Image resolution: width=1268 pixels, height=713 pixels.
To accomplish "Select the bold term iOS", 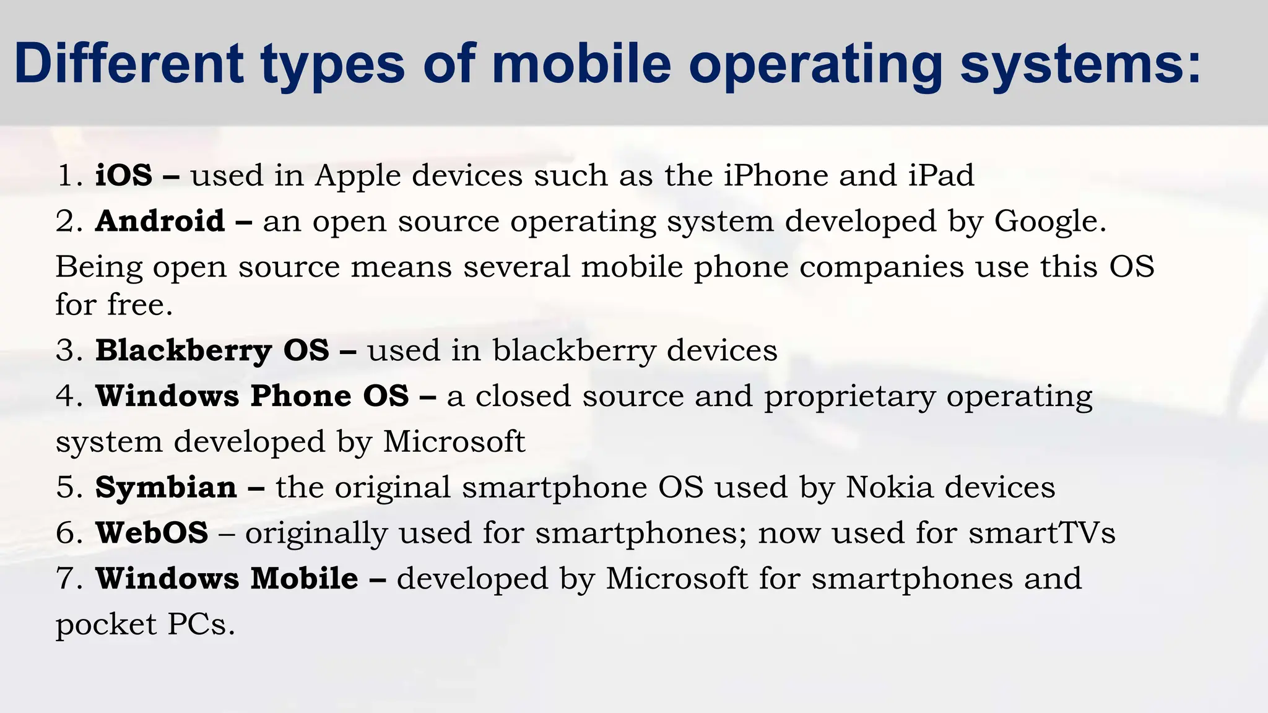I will click(124, 175).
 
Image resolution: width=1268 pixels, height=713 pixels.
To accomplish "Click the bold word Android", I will click(160, 221).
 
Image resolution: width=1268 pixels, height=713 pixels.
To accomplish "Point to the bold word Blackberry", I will click(183, 350).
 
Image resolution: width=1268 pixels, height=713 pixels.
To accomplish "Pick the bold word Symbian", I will click(166, 488).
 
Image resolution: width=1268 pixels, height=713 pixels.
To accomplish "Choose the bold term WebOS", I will click(152, 533).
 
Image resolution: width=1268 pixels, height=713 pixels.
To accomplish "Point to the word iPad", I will click(941, 175).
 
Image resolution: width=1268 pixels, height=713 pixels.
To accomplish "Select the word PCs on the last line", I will click(201, 624).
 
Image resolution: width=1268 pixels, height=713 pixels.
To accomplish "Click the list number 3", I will click(66, 350).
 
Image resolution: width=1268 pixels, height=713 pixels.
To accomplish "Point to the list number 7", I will click(66, 579).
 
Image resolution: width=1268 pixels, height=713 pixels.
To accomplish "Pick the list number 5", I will click(66, 488).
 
